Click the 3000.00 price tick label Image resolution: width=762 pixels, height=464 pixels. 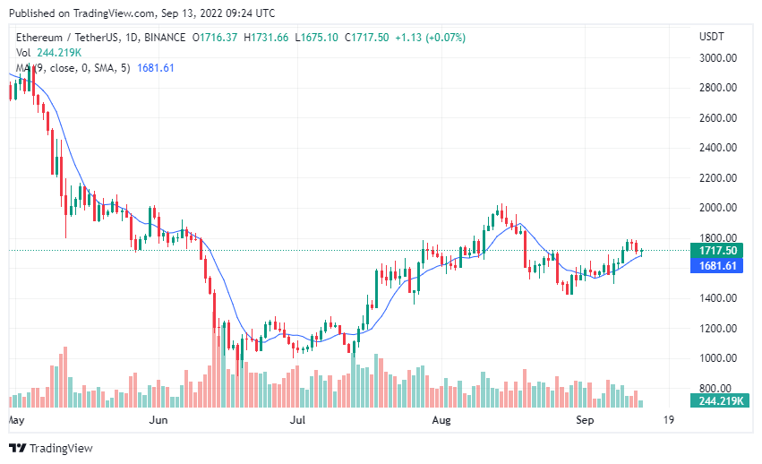pyautogui.click(x=717, y=58)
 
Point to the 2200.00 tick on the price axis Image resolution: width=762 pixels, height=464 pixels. pyautogui.click(x=717, y=178)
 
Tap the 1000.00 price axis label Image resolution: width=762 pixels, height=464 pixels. pyautogui.click(x=717, y=358)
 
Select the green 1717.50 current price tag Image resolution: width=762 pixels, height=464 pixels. pyautogui.click(x=719, y=251)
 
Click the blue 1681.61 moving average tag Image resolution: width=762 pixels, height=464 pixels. pyautogui.click(x=719, y=266)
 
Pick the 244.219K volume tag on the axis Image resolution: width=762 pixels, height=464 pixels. pyautogui.click(x=718, y=401)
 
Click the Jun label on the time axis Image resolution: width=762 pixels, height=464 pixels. pyautogui.click(x=158, y=419)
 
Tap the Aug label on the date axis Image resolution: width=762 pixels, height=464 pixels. pyautogui.click(x=441, y=419)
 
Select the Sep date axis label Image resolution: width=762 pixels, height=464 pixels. pyautogui.click(x=584, y=419)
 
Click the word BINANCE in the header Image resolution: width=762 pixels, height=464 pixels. pyautogui.click(x=163, y=38)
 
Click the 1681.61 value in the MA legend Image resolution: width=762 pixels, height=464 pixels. pyautogui.click(x=156, y=68)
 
